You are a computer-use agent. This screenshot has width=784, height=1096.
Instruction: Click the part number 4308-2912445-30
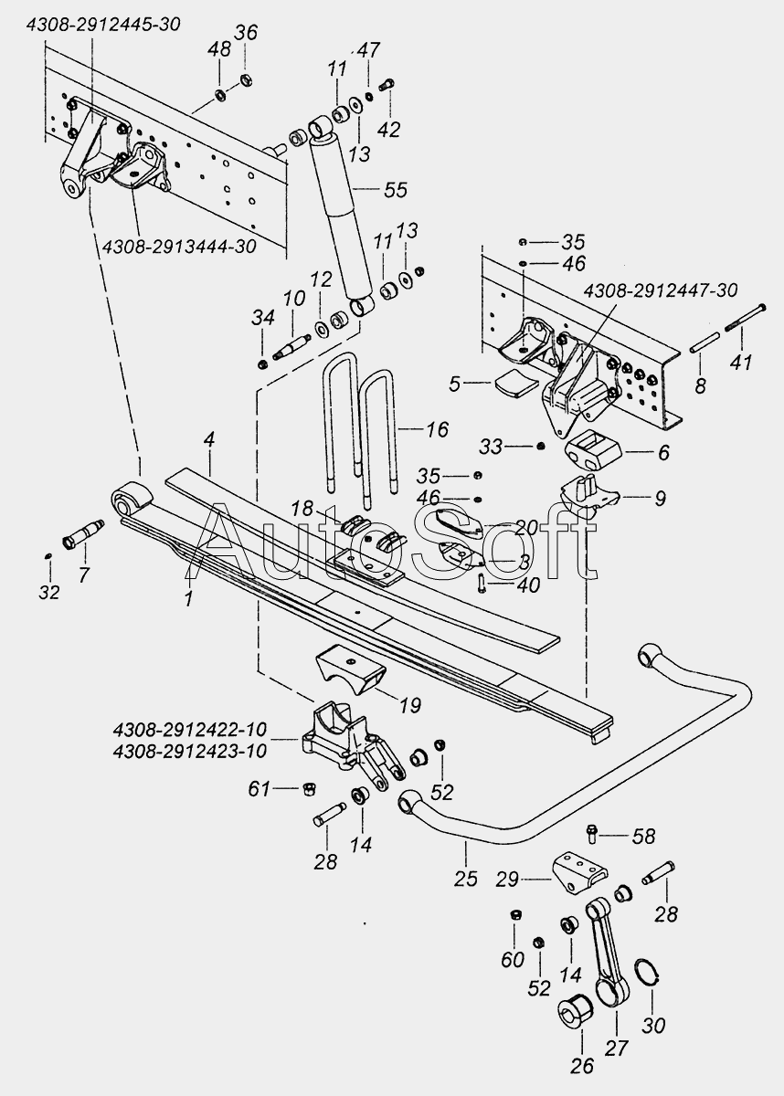click(x=104, y=25)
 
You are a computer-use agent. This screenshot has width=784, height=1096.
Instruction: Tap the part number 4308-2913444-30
click(x=179, y=246)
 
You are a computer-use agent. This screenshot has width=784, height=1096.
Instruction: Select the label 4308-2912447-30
click(x=660, y=290)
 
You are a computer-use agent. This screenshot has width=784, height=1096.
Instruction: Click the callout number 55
click(x=396, y=190)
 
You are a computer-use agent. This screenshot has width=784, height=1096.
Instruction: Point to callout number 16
click(x=437, y=429)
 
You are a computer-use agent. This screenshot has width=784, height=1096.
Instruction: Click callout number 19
click(x=410, y=705)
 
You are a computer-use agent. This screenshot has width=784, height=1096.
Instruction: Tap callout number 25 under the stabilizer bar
click(x=465, y=879)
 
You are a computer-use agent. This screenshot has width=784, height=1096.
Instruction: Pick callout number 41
click(x=741, y=363)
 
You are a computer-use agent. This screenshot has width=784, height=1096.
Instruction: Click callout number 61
click(x=260, y=788)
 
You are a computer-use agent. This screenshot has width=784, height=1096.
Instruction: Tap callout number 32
click(x=49, y=593)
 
